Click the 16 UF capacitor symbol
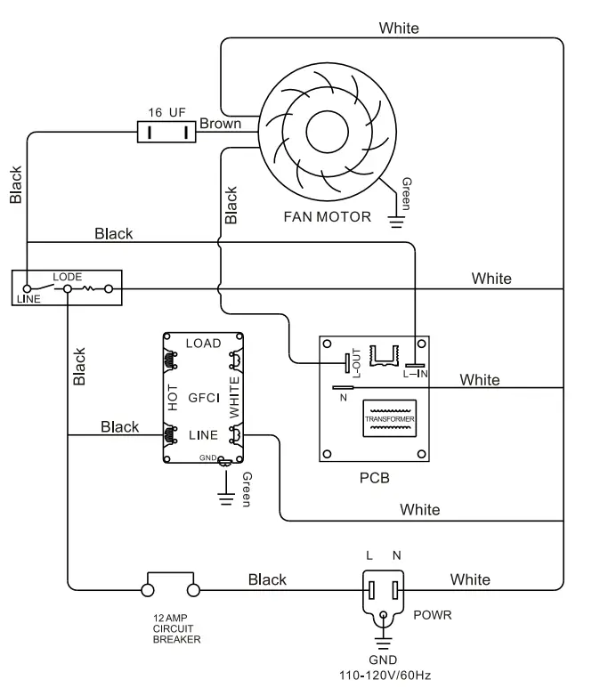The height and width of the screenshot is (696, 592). coord(166,132)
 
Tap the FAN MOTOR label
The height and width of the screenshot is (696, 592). coord(328,217)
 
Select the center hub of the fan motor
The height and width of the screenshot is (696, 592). coord(328,132)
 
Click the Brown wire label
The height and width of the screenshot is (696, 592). coord(220,124)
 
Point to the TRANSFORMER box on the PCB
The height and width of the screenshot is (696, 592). coord(390,418)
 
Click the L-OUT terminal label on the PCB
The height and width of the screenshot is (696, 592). coord(356,362)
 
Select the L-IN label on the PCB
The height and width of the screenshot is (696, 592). coord(415,374)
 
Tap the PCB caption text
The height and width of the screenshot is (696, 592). coord(375,478)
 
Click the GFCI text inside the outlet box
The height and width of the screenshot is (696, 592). coord(204,398)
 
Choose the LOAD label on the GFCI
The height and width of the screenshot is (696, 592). coord(203,344)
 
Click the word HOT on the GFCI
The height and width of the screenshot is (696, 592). coord(173,398)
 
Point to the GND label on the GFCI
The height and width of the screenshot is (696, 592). coord(207,457)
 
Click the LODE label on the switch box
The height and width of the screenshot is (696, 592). coord(68,277)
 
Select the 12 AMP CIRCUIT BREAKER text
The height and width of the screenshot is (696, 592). coord(176,628)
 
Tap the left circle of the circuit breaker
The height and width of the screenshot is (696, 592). coord(148,590)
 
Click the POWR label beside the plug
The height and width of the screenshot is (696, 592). coord(433,615)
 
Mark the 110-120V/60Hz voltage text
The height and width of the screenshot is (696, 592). coord(385,676)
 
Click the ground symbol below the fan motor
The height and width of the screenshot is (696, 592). coord(396,222)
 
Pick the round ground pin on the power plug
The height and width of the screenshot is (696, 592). coord(384,615)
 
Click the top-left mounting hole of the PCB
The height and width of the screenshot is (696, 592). coord(328,344)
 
